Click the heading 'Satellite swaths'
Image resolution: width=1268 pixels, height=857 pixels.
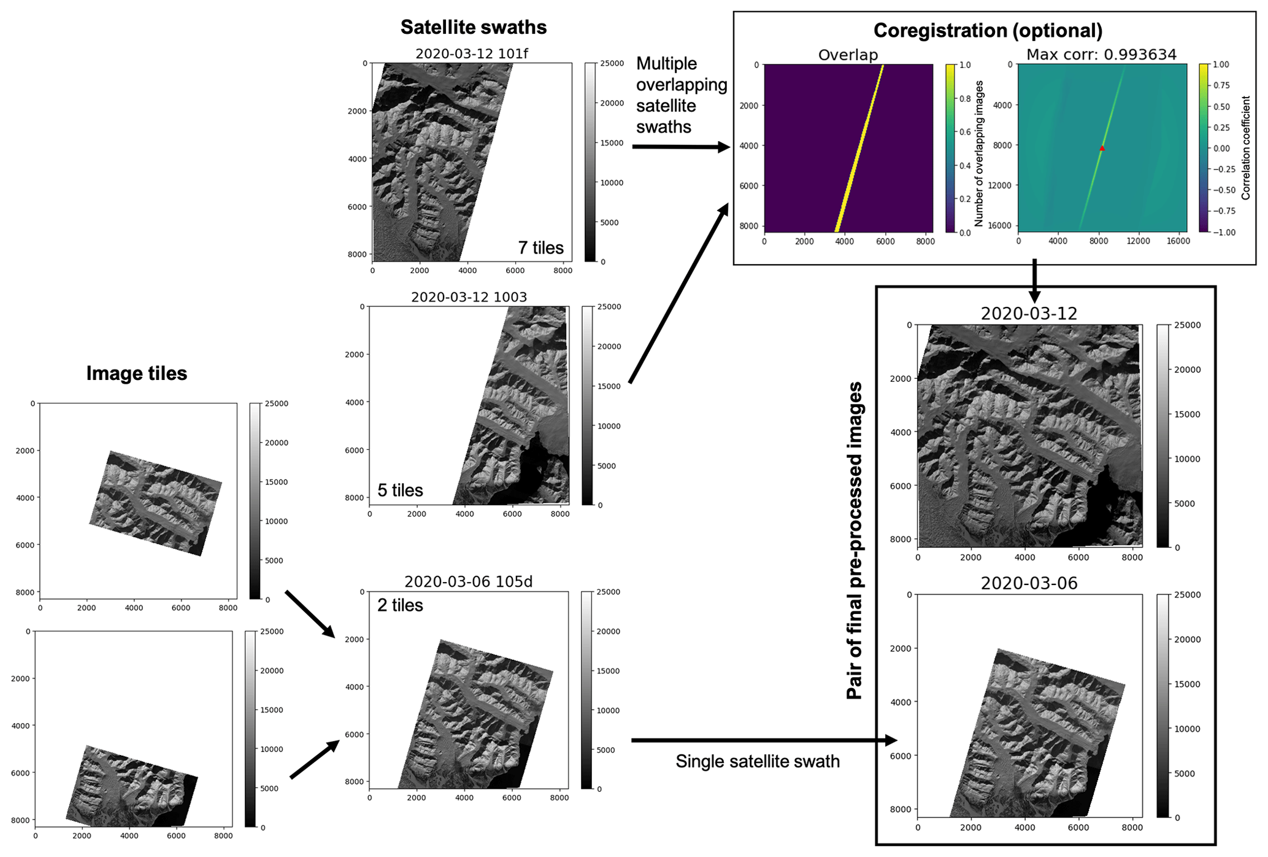(473, 27)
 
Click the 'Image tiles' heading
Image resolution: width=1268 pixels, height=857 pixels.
(136, 373)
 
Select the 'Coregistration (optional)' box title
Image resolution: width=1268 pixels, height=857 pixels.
(988, 30)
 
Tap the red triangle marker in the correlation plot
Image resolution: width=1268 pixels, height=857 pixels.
(1102, 148)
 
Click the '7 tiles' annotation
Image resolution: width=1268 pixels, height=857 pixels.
(540, 247)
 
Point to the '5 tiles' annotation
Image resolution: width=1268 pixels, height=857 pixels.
(400, 490)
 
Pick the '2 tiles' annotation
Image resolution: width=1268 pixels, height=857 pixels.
(400, 605)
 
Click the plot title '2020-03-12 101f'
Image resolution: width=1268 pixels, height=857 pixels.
(471, 53)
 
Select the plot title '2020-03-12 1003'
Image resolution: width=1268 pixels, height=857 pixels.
(469, 297)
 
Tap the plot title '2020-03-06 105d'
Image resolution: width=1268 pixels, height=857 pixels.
(468, 582)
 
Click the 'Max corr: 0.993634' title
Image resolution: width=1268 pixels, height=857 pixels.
(1101, 55)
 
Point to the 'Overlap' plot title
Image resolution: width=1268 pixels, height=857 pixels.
(848, 55)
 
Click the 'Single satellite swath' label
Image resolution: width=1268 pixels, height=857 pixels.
(758, 761)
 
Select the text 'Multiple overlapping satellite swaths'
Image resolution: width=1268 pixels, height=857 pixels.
(682, 95)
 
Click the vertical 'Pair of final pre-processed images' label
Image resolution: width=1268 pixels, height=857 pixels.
(854, 541)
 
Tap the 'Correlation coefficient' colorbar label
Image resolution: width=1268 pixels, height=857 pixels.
(1245, 147)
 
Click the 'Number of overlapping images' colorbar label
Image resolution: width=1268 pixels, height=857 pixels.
(978, 153)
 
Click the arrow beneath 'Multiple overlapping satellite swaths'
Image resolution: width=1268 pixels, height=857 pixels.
(682, 147)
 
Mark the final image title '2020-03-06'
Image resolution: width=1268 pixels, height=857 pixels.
(1029, 583)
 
